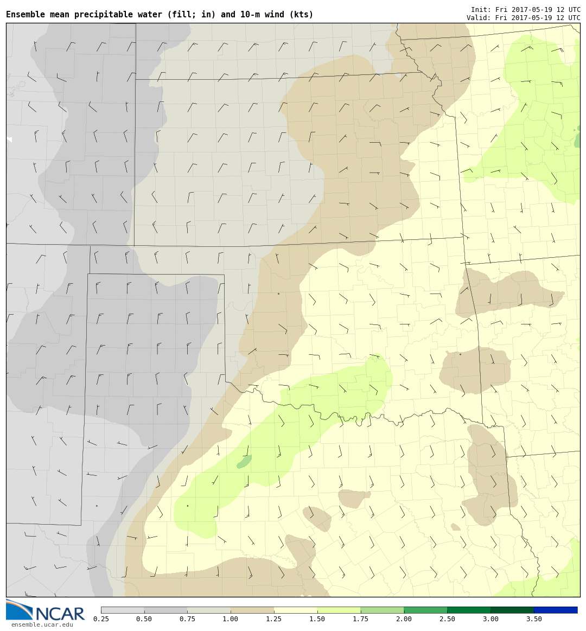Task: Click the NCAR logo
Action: pos(46,611)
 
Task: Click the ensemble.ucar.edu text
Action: pos(42,624)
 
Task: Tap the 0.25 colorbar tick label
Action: pos(100,619)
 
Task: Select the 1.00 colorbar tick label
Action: pos(230,619)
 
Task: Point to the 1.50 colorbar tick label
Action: pos(317,619)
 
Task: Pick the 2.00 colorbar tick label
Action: pos(404,619)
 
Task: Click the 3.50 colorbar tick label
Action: pos(533,619)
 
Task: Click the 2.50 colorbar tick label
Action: pos(447,619)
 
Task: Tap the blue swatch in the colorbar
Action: pos(555,610)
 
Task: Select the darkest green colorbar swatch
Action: pos(512,610)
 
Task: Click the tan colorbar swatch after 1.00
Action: pos(252,610)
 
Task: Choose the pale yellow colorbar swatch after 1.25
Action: pos(295,610)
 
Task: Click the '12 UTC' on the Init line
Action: pos(566,10)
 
